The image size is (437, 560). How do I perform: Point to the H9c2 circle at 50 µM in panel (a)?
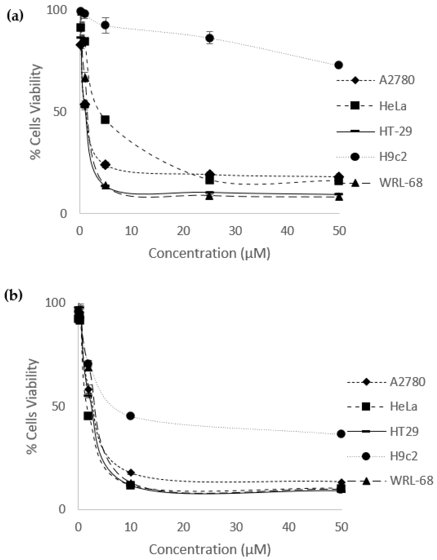[x=339, y=65]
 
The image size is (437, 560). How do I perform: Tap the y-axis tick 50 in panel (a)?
[x=60, y=112]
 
